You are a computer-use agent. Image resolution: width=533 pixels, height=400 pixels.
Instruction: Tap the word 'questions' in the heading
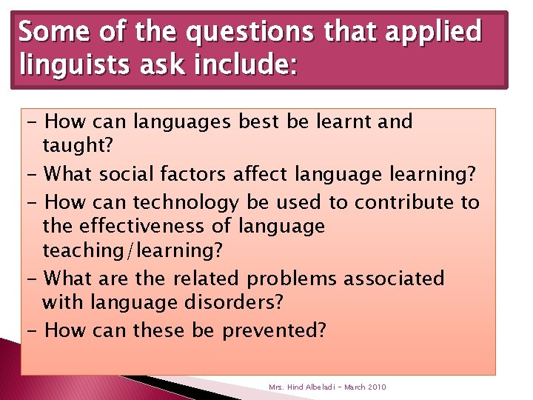[x=229, y=33]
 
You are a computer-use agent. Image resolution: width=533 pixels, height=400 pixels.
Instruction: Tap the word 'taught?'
[x=78, y=146]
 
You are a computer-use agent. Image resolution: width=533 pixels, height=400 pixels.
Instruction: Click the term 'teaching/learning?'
[x=133, y=251]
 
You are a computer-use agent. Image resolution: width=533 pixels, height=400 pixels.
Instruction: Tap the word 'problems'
[x=292, y=279]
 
